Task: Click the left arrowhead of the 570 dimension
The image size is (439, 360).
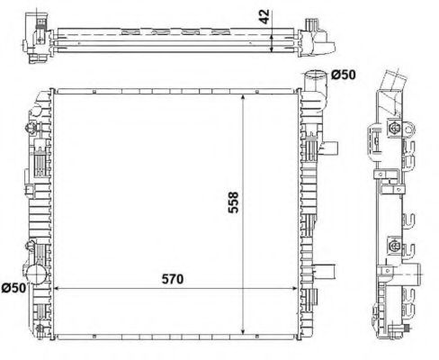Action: click(59, 288)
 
